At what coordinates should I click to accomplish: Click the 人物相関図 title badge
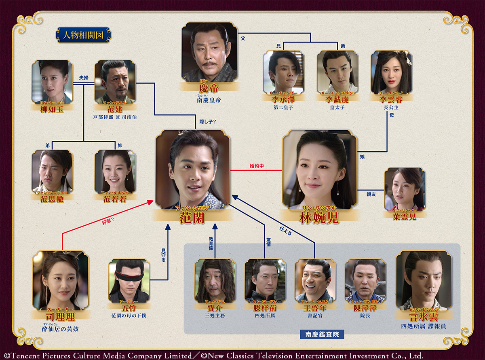click(83, 35)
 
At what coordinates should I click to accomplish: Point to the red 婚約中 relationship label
click(257, 166)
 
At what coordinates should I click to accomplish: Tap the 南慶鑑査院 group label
click(322, 335)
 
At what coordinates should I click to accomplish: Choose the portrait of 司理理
click(61, 280)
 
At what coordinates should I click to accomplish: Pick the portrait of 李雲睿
click(391, 72)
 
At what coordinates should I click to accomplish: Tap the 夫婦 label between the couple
click(84, 76)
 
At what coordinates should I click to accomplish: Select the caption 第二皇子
click(283, 107)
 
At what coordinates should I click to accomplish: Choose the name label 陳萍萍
click(365, 307)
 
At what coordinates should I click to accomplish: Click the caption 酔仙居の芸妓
click(60, 328)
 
